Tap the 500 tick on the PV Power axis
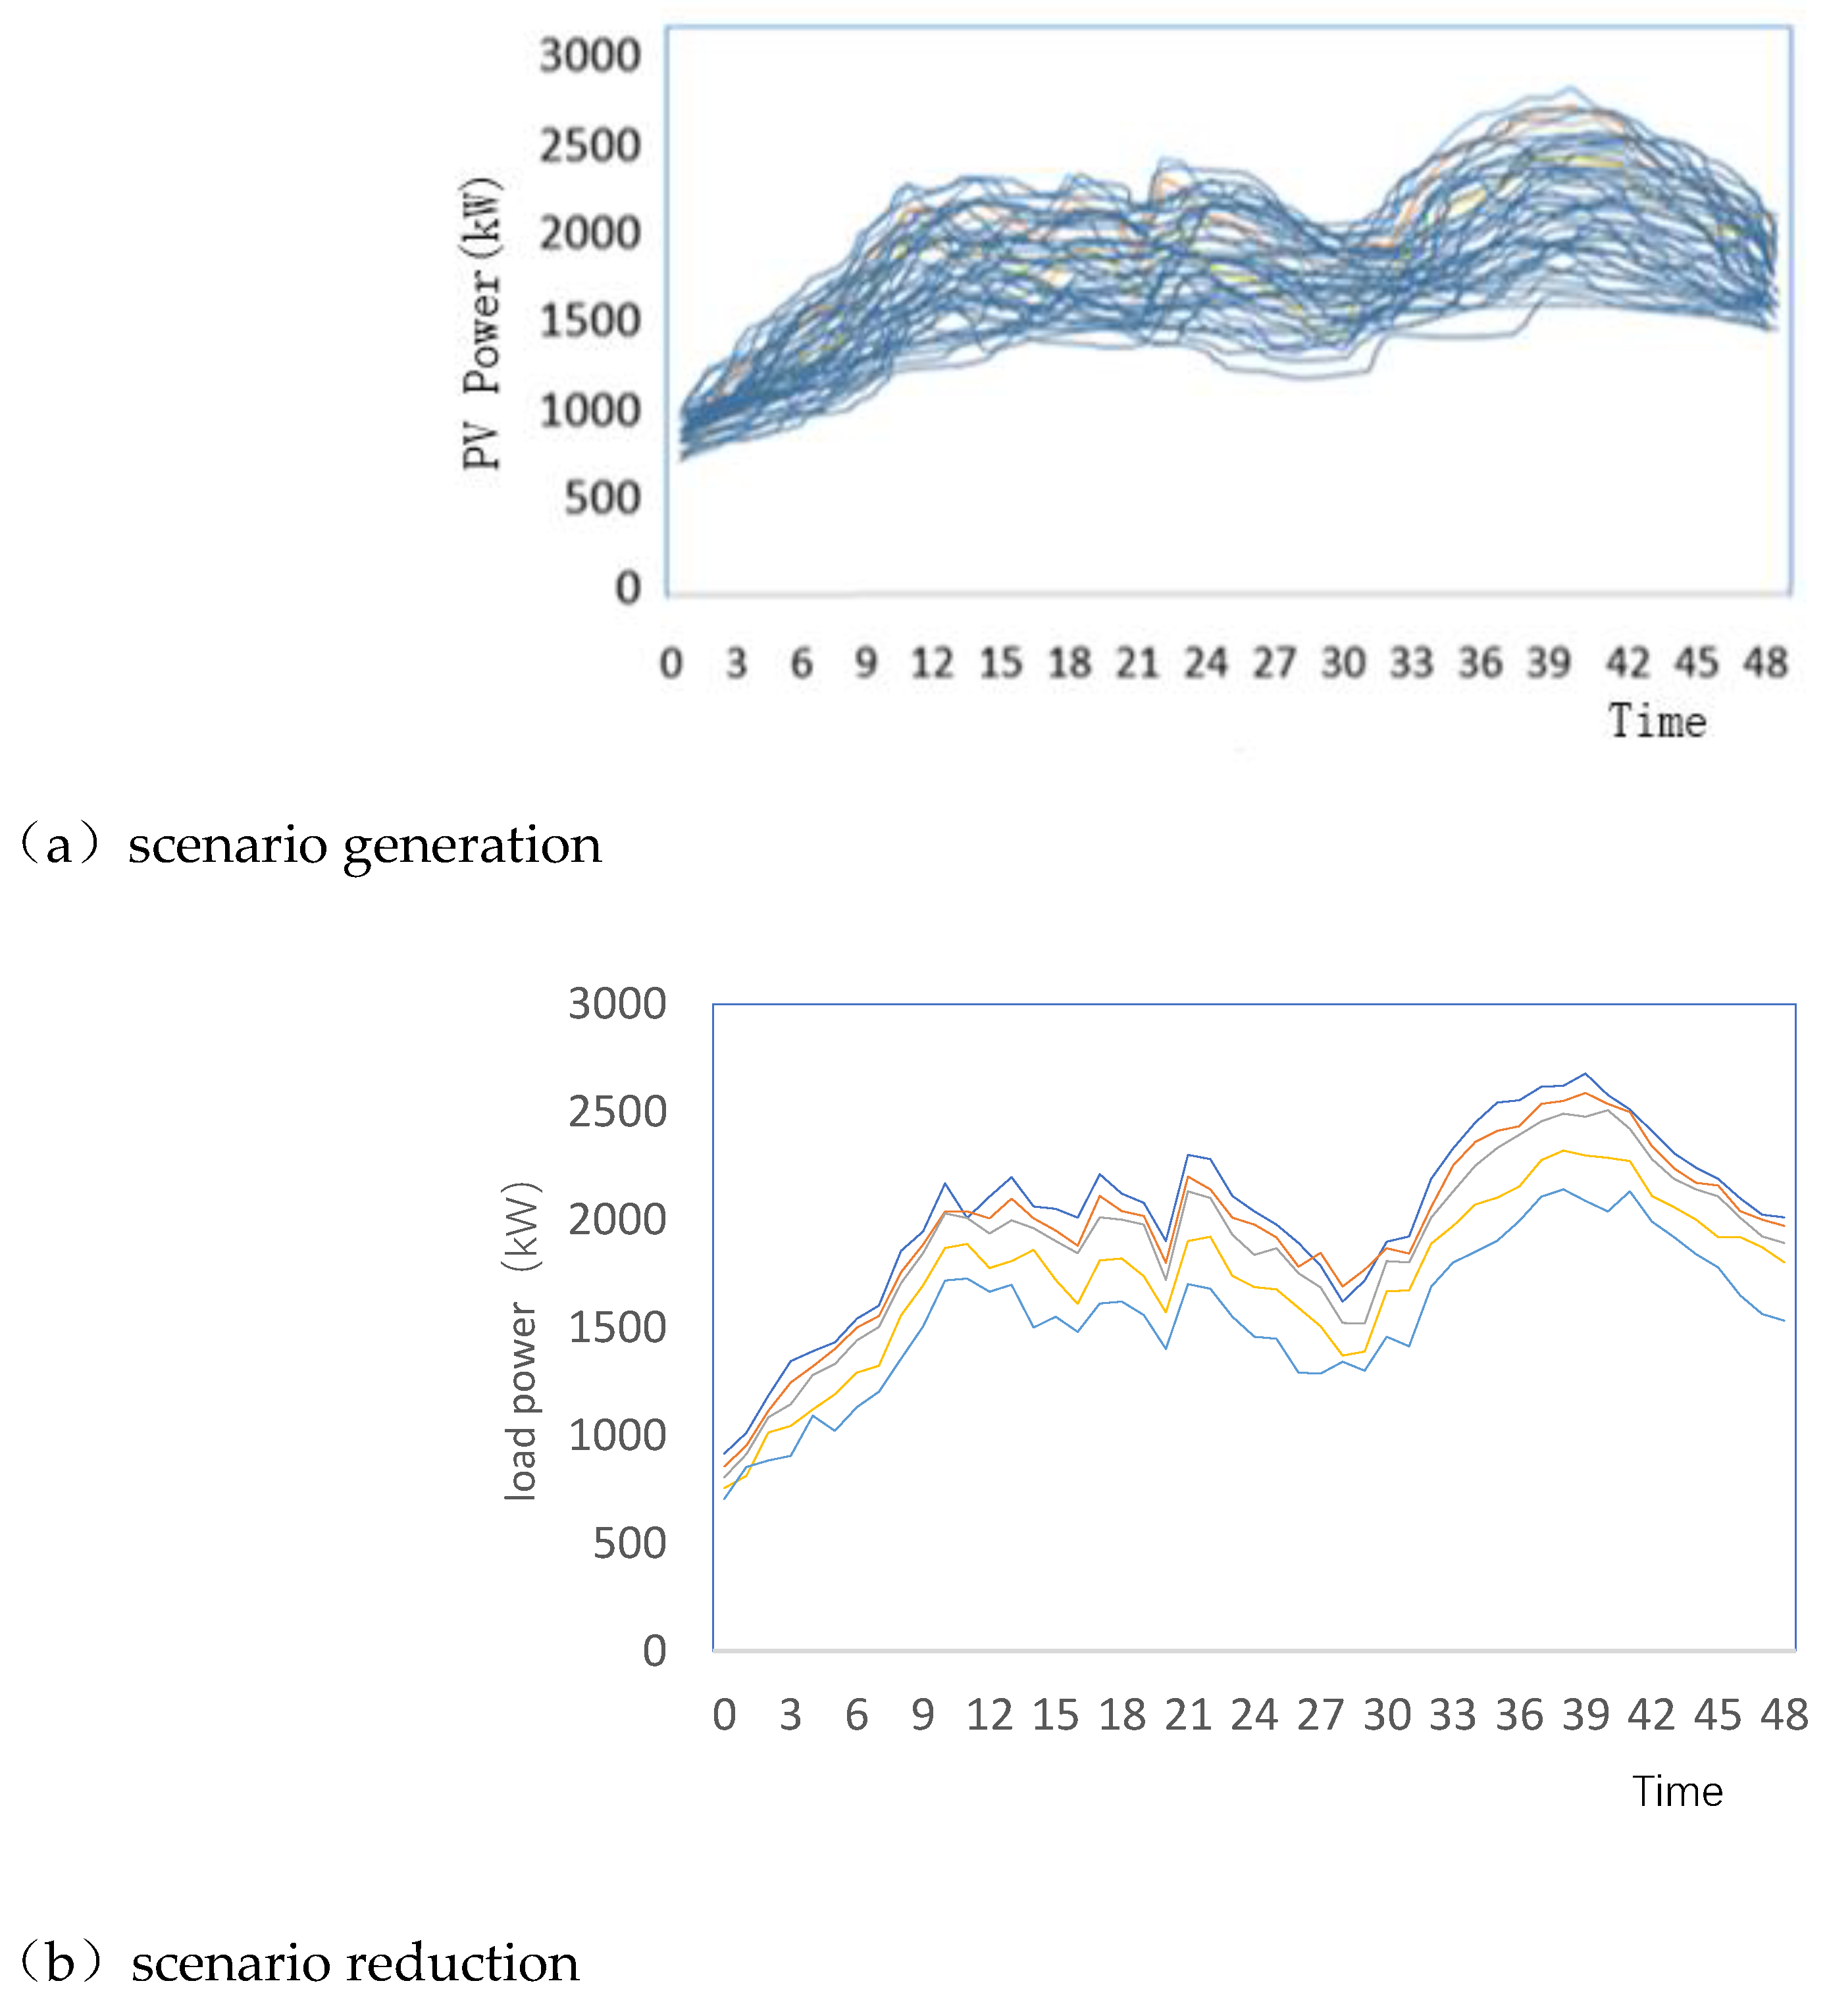602,499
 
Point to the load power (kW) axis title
521,1341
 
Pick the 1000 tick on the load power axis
616,1436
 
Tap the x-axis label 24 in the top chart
1205,663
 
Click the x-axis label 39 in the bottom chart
1585,1715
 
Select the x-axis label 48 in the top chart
1765,663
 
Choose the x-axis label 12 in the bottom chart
989,1715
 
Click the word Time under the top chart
1657,722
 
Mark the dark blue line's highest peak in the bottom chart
1585,1074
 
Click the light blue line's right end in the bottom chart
1784,1321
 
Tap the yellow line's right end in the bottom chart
1784,1262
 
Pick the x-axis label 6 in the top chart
801,663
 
